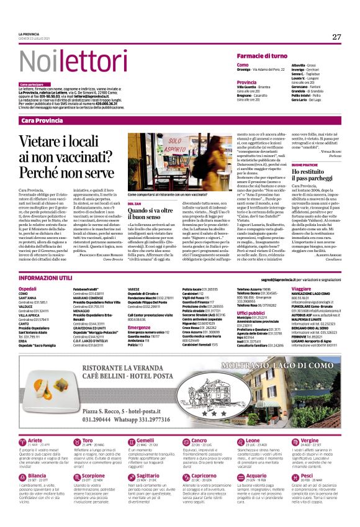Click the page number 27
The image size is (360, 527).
click(x=336, y=37)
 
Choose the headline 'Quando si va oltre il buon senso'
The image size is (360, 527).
click(x=152, y=213)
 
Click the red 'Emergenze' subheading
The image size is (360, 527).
click(x=139, y=327)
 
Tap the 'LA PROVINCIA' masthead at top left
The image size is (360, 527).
click(x=29, y=34)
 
